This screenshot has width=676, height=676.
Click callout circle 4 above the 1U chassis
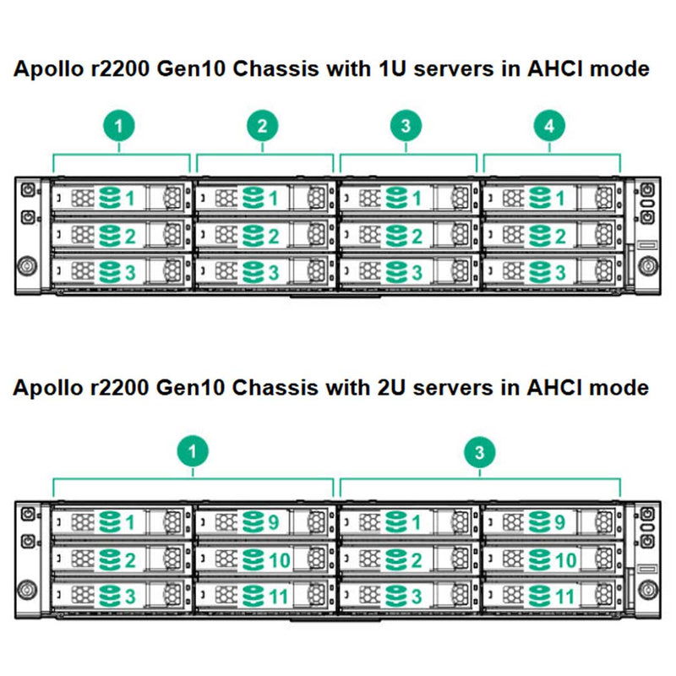(x=549, y=127)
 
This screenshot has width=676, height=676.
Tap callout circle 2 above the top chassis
(x=263, y=127)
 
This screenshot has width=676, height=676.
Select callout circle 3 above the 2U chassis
(x=480, y=452)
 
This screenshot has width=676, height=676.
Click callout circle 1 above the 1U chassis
(x=120, y=127)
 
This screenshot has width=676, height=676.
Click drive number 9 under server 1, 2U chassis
(x=273, y=523)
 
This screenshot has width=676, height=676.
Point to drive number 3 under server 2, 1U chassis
(x=273, y=271)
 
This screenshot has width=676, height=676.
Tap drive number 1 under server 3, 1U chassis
(x=416, y=199)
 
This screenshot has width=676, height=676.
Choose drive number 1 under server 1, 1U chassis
(x=130, y=199)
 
